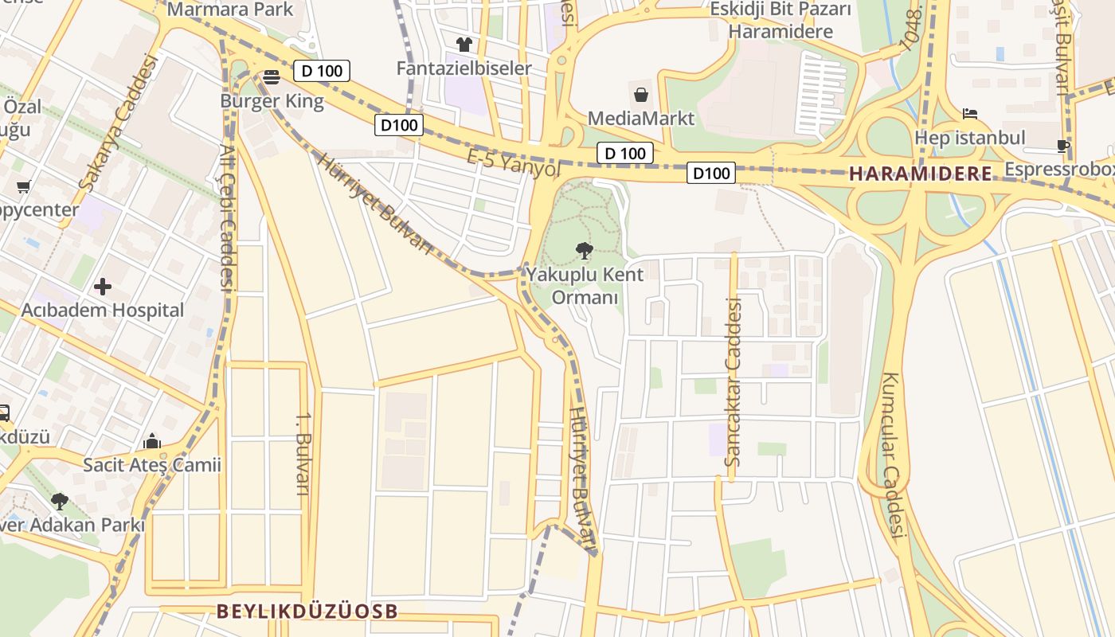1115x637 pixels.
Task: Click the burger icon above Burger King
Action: pos(272,77)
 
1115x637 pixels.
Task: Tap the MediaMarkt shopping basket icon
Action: pos(641,95)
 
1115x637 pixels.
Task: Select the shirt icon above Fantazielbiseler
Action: pos(464,44)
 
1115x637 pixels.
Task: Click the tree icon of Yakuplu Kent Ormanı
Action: pos(585,251)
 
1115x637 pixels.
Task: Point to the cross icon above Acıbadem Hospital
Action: pos(103,286)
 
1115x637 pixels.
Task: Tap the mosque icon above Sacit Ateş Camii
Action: pos(152,441)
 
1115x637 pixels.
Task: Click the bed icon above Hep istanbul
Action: pos(969,114)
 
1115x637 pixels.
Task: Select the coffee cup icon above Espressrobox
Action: pos(1062,146)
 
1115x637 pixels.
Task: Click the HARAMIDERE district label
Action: pos(921,174)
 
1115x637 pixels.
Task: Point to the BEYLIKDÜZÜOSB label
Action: pos(307,612)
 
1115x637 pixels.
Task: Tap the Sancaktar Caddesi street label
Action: pos(733,382)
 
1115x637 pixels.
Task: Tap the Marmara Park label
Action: pos(231,10)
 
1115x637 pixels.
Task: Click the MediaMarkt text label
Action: pos(641,119)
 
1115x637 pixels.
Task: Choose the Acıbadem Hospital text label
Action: pos(104,311)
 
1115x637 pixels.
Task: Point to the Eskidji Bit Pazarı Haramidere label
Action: pos(780,21)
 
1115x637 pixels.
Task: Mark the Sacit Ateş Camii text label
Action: pos(152,465)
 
